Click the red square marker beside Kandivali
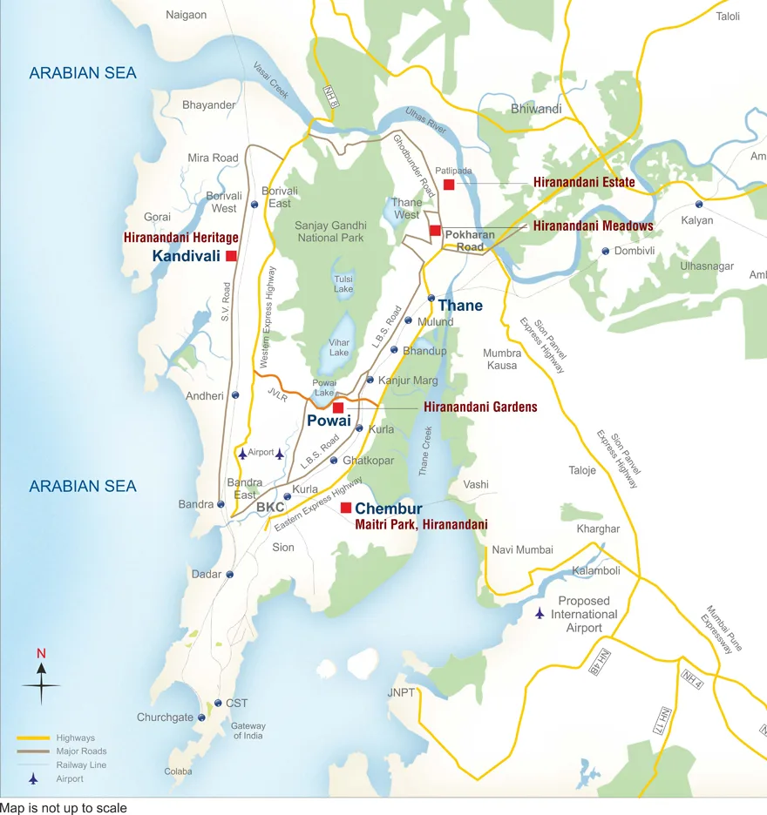(x=231, y=256)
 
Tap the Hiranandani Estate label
(x=584, y=183)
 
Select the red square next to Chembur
(x=346, y=508)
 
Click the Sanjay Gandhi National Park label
(x=330, y=232)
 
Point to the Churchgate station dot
(x=201, y=717)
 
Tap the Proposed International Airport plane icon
(x=540, y=614)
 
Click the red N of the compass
(x=41, y=654)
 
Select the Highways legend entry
(x=76, y=738)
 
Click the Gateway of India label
(x=248, y=731)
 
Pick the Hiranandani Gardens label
(x=480, y=407)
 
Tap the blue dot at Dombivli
(x=605, y=251)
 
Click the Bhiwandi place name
(x=536, y=109)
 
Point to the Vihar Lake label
(x=339, y=347)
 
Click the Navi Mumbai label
(x=522, y=549)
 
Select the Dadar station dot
(x=229, y=575)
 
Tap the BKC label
(x=270, y=507)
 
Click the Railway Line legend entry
(x=81, y=764)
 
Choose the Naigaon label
(x=187, y=15)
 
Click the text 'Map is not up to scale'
(x=64, y=808)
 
